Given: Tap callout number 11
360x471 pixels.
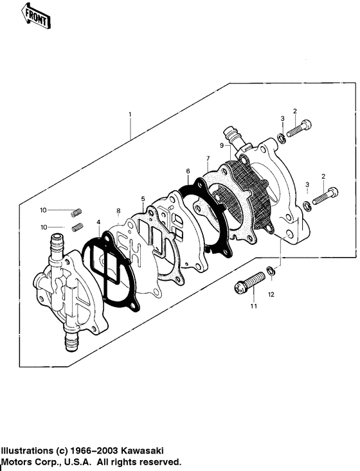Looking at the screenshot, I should pos(253,307).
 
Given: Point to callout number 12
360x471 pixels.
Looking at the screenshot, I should pos(271,294).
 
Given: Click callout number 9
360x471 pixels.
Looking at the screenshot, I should pos(222,146).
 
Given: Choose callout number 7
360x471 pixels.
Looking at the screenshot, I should pos(208,158).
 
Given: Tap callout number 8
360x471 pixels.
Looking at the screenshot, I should pos(118,211).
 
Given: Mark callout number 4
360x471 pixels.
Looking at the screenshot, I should pos(99,223).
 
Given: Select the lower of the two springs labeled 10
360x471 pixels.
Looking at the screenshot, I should pos(78,226).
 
